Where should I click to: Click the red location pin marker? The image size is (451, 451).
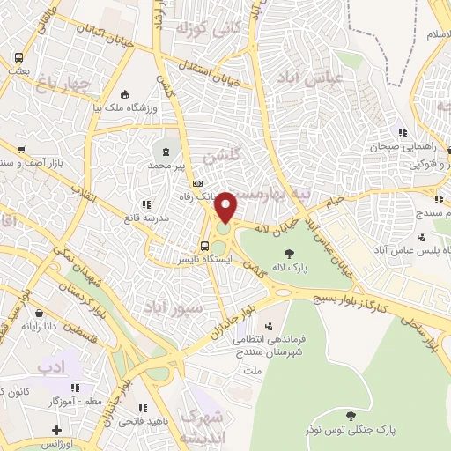click(226, 208)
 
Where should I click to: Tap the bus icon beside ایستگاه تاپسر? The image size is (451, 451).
click(204, 247)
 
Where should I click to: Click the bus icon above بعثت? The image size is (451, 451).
click(18, 58)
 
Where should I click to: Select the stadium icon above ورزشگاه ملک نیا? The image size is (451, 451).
click(124, 94)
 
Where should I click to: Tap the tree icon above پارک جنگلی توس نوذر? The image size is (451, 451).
click(351, 416)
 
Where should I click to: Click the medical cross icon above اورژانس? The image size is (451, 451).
click(57, 430)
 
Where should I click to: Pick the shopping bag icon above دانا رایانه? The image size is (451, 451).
click(38, 313)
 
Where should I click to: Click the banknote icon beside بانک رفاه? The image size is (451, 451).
click(198, 182)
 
